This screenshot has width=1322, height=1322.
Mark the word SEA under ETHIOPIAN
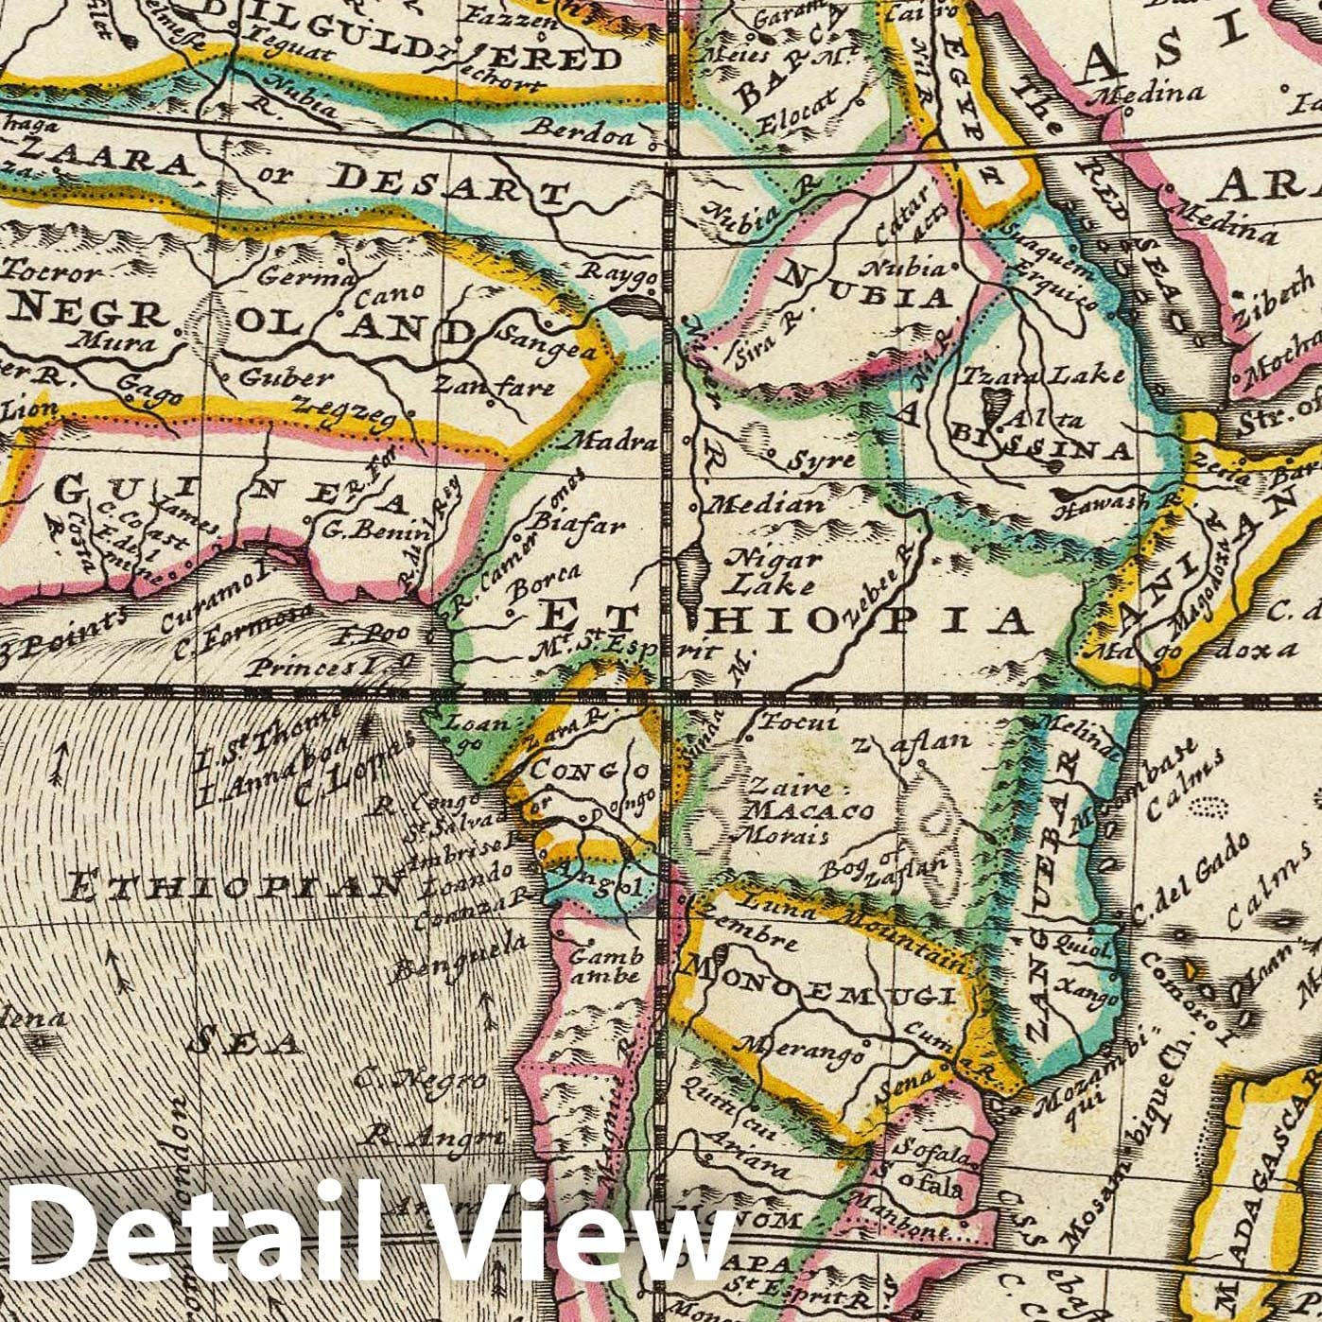(244, 1041)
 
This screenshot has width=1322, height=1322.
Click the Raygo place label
(623, 277)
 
